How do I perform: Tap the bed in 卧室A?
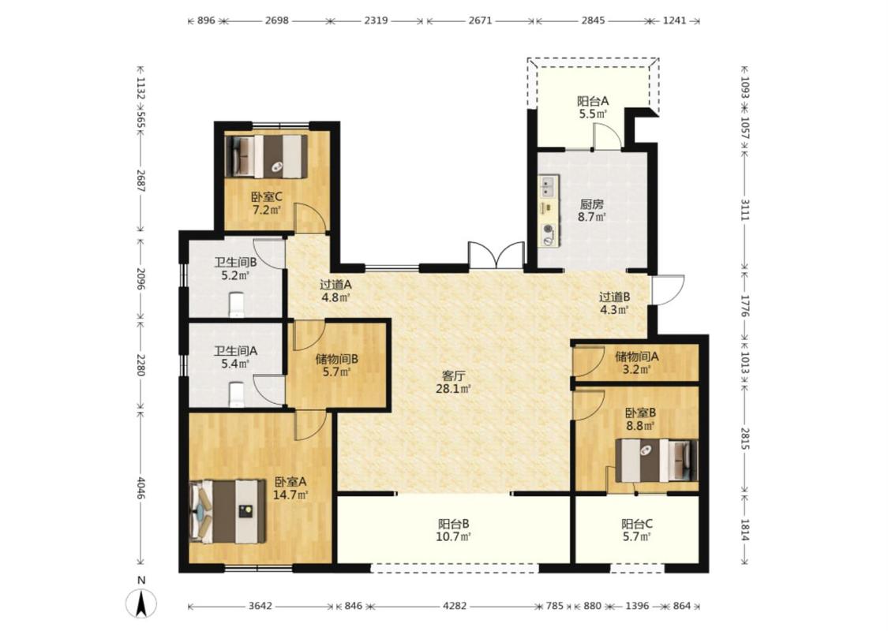(227, 512)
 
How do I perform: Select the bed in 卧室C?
(266, 157)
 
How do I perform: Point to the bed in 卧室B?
(657, 461)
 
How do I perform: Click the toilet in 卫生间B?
(236, 304)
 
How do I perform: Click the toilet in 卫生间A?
(236, 394)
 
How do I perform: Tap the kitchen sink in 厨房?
(548, 186)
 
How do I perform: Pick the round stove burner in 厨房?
(548, 230)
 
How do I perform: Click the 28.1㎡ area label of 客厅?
(453, 389)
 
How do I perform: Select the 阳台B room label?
(454, 524)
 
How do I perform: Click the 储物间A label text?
(637, 357)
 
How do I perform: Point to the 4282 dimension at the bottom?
(455, 606)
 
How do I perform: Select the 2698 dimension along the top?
(276, 21)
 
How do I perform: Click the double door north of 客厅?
(496, 256)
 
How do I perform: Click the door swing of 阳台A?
(607, 135)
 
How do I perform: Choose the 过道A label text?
(335, 285)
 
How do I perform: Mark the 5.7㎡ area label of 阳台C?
(636, 537)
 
